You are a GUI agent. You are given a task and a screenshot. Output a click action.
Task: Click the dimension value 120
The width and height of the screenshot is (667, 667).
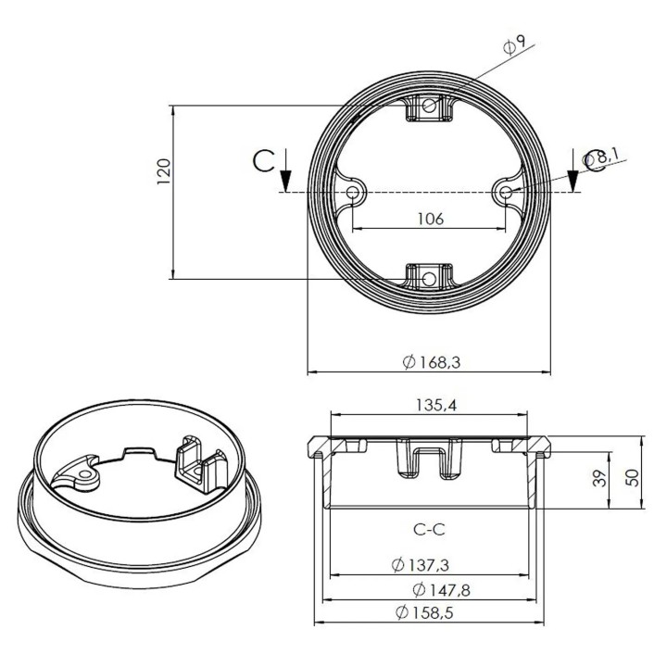click(x=164, y=172)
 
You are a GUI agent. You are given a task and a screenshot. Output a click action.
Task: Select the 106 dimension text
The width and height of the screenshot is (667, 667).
click(x=431, y=220)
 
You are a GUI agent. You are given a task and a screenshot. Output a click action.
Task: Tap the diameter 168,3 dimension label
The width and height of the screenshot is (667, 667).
click(x=431, y=362)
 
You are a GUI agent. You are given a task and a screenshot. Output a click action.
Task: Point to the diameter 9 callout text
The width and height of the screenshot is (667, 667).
click(x=515, y=44)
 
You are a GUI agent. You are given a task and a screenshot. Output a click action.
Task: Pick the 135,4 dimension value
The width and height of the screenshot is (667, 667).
click(x=431, y=404)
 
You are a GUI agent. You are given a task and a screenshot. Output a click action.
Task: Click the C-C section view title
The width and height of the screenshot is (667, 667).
click(x=429, y=530)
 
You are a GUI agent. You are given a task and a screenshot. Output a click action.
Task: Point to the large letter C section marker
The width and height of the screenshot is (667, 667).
click(x=264, y=161)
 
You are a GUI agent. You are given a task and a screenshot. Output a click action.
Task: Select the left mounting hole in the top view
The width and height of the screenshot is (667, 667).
click(x=355, y=193)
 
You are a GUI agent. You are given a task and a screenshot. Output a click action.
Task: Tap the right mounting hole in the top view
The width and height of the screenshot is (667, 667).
click(x=506, y=192)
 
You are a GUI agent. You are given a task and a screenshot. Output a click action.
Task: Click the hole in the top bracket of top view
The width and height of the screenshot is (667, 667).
click(x=430, y=107)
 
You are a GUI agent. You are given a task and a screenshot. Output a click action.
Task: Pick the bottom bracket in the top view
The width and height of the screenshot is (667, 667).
click(x=430, y=277)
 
